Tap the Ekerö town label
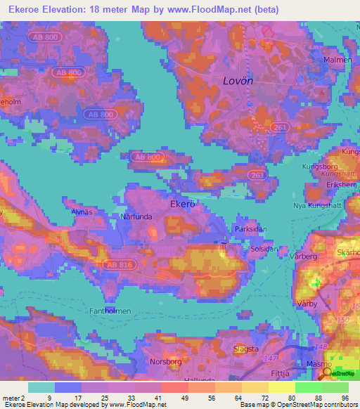[x=181, y=204]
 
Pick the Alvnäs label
[x=82, y=211]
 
